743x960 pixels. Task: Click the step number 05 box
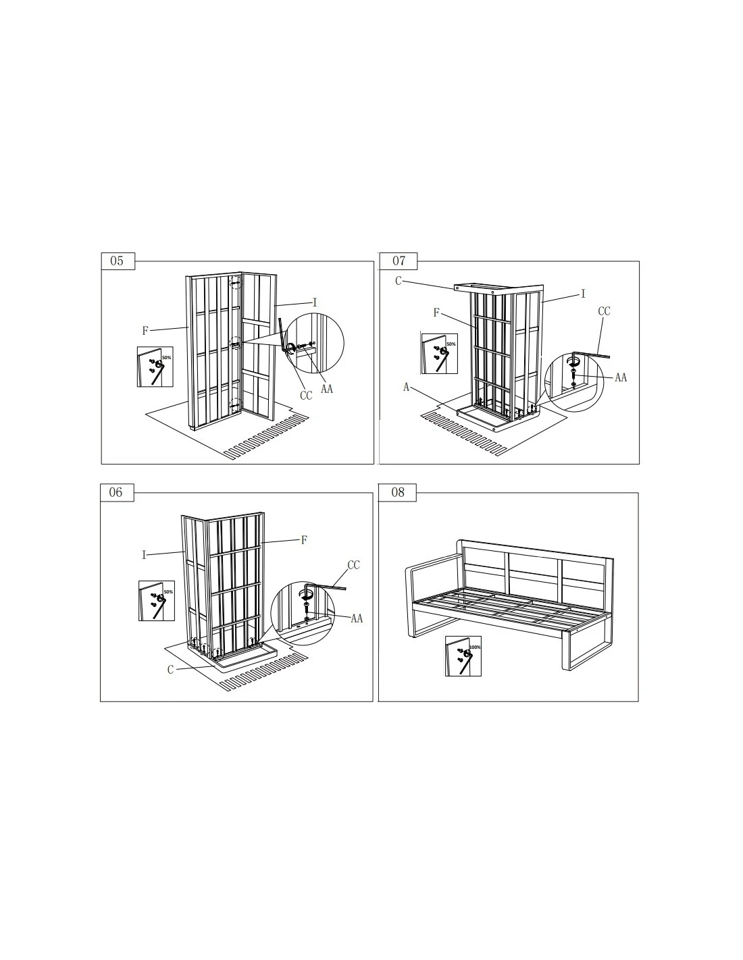[118, 261]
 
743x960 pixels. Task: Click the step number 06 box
[117, 493]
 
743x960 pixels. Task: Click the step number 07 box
[399, 261]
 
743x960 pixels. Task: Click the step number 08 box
[397, 493]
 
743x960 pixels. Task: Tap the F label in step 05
[145, 330]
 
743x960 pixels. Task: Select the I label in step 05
[315, 302]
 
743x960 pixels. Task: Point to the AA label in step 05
[327, 389]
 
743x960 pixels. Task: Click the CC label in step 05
[306, 396]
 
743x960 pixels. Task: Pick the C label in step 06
[171, 670]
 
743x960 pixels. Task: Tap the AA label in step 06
[357, 618]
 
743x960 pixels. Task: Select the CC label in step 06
[353, 565]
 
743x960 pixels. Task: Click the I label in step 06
[144, 556]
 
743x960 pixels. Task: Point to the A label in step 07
[406, 388]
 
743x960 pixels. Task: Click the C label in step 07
[398, 281]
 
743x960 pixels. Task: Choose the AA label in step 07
[621, 377]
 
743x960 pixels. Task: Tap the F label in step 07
[436, 313]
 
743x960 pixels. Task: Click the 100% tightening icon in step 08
[463, 656]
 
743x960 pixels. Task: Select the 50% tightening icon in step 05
[155, 367]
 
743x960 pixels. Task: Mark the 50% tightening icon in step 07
[439, 354]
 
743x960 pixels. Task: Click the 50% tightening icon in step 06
[157, 600]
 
